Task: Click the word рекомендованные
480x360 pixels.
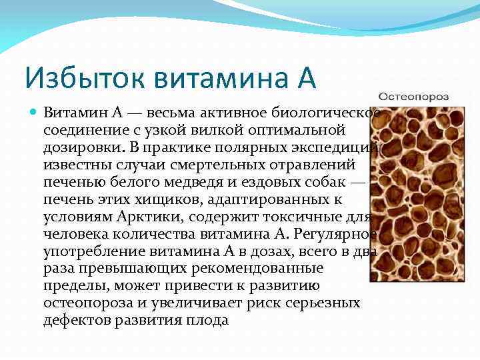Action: [x=267, y=268]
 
